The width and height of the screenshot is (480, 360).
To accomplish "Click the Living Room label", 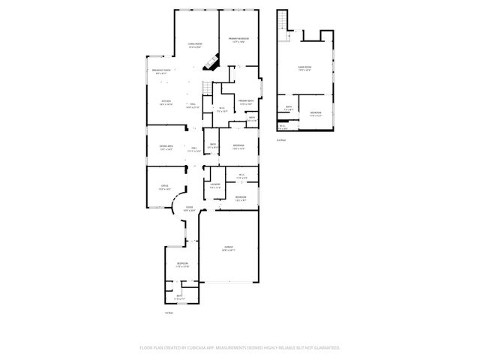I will coord(194,45).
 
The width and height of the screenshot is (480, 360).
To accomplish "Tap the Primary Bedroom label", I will coord(239,39).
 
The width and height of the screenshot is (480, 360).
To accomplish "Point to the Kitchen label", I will coord(166,103).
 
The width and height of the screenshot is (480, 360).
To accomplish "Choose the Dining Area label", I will coord(166,147).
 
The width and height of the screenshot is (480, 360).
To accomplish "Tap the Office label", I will coord(164,186).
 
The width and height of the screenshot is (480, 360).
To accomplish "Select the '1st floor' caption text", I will coord(169,313).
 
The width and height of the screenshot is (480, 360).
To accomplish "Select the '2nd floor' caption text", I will coord(281,139).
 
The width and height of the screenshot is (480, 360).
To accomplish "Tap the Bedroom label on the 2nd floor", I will coord(316,113).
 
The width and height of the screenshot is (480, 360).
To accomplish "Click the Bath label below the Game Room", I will coord(289,107).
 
